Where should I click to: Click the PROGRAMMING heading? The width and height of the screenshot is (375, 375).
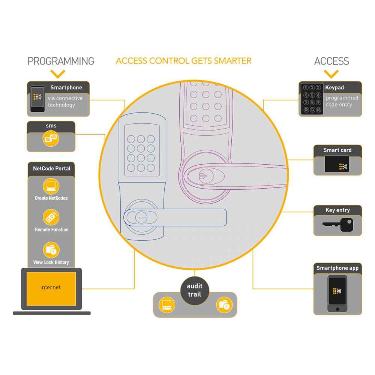(61, 61)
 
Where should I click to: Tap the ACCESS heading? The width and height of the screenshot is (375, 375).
(331, 61)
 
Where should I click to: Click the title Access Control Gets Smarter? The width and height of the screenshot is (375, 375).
(183, 61)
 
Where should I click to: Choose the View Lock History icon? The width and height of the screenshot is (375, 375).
(51, 250)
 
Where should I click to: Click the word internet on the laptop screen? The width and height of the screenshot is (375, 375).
(50, 288)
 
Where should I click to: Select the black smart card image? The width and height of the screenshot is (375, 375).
(336, 164)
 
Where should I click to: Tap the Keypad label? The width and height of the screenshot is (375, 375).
(334, 88)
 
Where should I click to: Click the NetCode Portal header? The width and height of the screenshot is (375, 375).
(51, 168)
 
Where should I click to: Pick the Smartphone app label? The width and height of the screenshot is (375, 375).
(337, 268)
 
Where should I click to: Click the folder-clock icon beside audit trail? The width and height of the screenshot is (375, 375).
(224, 304)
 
